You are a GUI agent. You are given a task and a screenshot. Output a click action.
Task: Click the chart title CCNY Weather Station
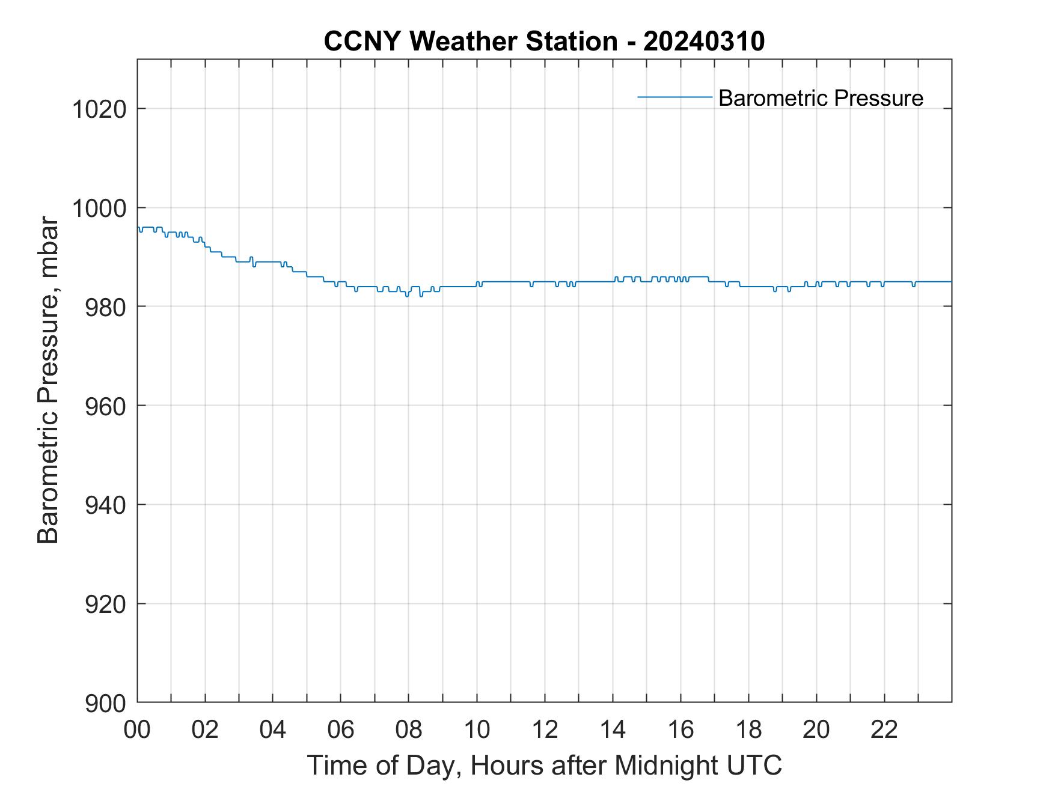point(470,41)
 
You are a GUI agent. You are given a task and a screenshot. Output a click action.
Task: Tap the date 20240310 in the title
point(703,41)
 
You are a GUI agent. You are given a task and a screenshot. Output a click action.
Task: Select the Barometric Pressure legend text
point(821,98)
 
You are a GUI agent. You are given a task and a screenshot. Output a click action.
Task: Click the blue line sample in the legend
point(674,97)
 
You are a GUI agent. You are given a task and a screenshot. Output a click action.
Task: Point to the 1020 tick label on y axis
point(99,109)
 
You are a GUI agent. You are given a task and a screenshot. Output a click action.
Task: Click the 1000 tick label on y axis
point(99,208)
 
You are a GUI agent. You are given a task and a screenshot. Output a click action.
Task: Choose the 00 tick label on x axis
point(138,730)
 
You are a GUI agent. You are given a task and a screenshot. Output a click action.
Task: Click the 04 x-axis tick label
point(273,730)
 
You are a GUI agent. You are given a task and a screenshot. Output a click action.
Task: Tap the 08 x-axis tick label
point(409,730)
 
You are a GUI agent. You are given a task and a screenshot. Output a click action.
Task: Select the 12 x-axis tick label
point(545,730)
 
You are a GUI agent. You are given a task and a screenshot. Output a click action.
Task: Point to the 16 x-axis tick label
point(680,730)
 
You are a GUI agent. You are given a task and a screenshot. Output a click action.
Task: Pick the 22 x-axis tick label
point(884,730)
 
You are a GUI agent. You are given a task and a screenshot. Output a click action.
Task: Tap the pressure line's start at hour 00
point(138,228)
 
